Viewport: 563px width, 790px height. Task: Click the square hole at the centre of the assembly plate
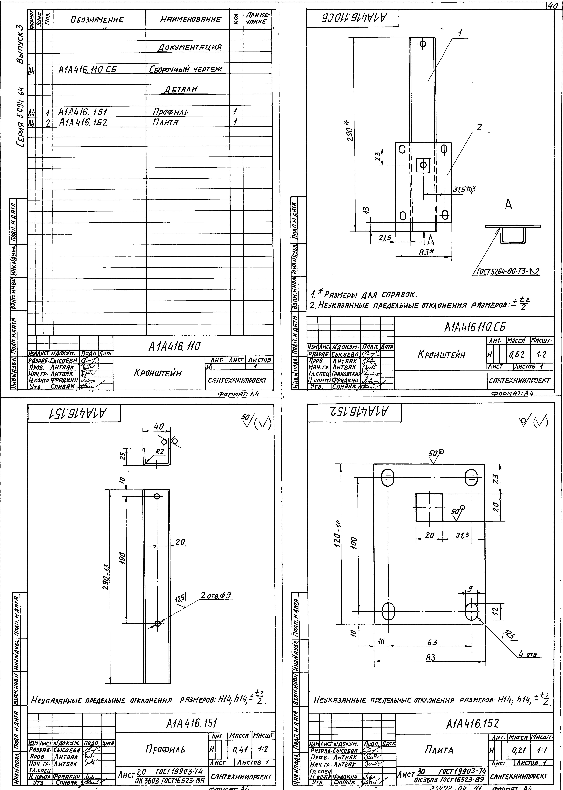point(423,165)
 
